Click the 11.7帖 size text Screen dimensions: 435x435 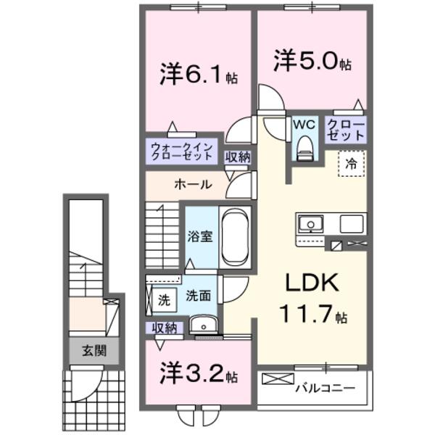click(312, 315)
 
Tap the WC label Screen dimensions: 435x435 click(303, 123)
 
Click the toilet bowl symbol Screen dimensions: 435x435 click(304, 149)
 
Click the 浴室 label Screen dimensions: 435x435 click(200, 237)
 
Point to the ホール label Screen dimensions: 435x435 click(192, 184)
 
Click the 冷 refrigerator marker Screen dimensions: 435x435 click(351, 163)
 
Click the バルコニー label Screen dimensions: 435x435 click(325, 388)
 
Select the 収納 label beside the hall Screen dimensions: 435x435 click(238, 157)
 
